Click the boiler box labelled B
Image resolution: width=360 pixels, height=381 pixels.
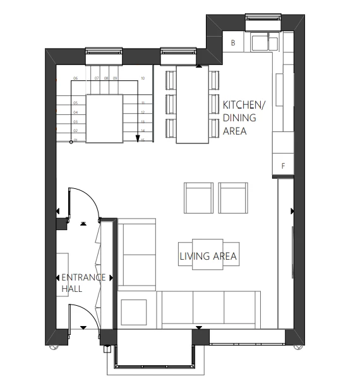(x=233, y=43)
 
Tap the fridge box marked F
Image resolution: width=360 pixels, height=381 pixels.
(x=283, y=166)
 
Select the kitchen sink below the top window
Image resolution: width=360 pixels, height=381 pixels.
(x=265, y=43)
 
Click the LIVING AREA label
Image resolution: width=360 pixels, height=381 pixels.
(x=208, y=257)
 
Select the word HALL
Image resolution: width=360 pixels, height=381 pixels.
(x=73, y=289)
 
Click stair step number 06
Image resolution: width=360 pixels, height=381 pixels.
(x=75, y=78)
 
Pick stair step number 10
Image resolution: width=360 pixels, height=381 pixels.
(x=143, y=78)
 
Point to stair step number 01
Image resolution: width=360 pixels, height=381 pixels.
(x=75, y=139)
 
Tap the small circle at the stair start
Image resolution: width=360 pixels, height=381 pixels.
(x=71, y=142)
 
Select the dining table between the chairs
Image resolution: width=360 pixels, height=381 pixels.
(x=192, y=105)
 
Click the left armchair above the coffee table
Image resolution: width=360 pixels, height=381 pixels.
(x=198, y=198)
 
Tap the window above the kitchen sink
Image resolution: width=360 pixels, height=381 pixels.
(x=262, y=18)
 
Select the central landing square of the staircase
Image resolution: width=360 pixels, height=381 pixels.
(x=104, y=119)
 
